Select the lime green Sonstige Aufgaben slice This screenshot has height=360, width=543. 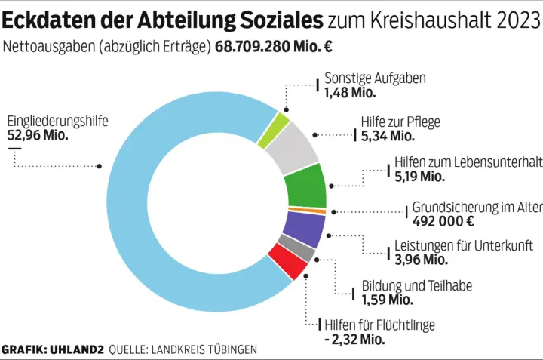tap(274, 130)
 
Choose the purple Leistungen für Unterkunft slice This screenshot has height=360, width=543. tap(303, 227)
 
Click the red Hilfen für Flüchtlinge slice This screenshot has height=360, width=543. tap(286, 263)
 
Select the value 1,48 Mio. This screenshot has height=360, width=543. tap(350, 93)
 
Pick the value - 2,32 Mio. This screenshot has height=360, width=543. tap(354, 340)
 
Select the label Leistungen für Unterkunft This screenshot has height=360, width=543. tap(464, 246)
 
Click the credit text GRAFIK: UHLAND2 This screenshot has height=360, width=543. tap(53, 350)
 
